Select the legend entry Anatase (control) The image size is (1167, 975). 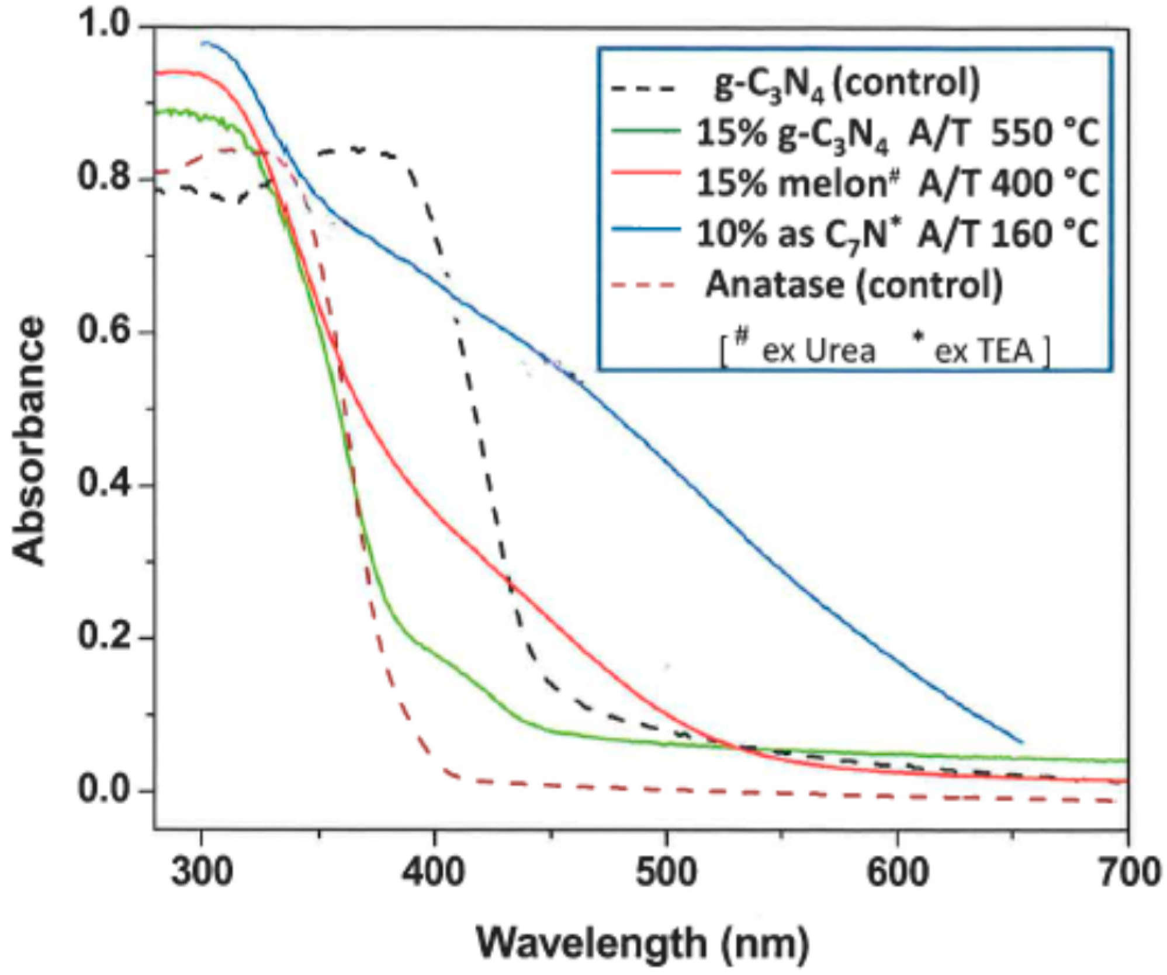tap(853, 285)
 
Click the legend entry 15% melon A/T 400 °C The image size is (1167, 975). tap(897, 183)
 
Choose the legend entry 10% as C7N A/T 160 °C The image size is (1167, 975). tap(897, 234)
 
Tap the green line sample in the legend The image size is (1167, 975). tap(646, 132)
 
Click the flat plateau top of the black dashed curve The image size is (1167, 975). tap(356, 151)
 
